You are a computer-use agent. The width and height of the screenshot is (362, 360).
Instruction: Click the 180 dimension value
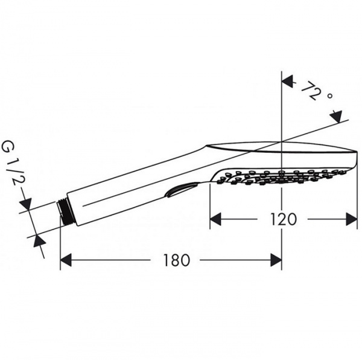click(x=176, y=260)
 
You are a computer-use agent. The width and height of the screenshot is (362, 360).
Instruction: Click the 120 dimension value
click(x=283, y=219)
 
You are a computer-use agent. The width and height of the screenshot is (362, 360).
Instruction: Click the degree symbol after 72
click(x=331, y=96)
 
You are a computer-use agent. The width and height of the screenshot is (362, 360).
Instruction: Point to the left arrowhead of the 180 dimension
click(x=66, y=260)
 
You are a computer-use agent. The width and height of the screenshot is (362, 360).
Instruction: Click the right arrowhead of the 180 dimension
click(x=276, y=260)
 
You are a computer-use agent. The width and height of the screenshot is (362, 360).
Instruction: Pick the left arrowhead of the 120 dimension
click(x=215, y=219)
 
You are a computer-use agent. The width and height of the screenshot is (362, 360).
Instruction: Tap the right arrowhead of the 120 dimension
click(x=352, y=219)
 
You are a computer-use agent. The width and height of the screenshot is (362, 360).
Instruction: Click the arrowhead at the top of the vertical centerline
click(x=288, y=82)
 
